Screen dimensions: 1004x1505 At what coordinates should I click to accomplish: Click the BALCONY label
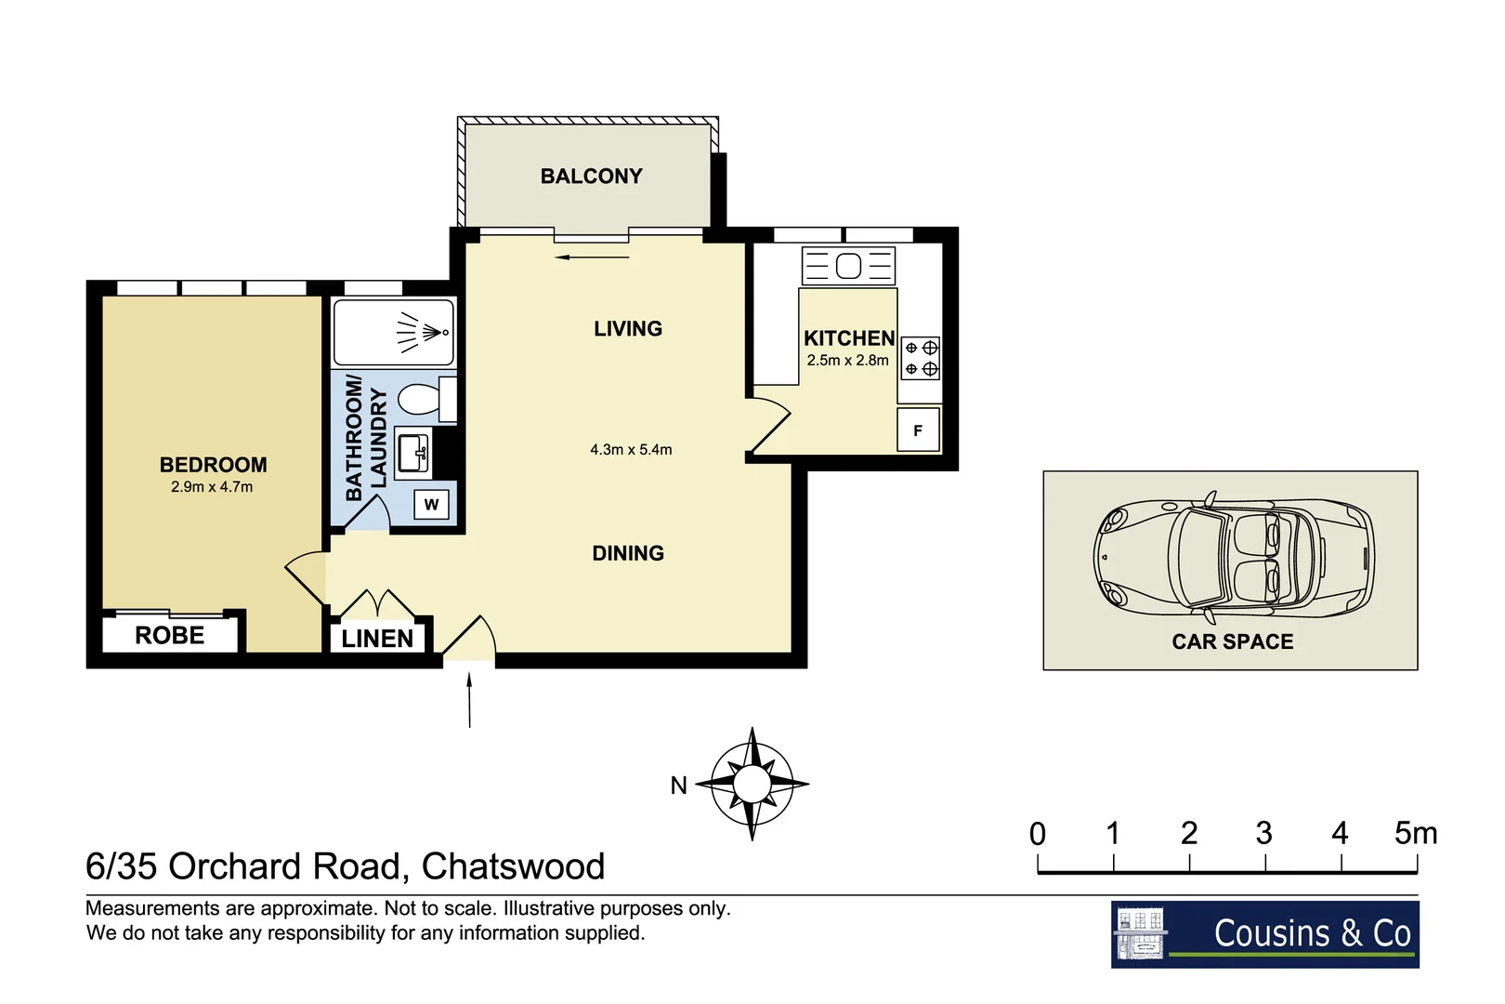click(x=591, y=176)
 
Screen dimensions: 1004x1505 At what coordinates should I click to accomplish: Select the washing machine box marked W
click(x=431, y=505)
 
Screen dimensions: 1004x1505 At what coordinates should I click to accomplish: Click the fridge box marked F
click(x=918, y=430)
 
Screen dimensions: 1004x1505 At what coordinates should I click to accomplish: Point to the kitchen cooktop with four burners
click(x=921, y=358)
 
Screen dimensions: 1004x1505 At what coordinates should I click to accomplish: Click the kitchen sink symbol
click(x=848, y=267)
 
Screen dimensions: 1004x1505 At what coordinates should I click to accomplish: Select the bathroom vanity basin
click(x=412, y=454)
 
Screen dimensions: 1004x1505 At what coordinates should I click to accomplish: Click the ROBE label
click(x=169, y=636)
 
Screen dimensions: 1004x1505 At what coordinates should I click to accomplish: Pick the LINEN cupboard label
click(x=377, y=639)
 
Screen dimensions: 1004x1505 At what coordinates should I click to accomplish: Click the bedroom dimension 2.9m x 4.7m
click(x=212, y=487)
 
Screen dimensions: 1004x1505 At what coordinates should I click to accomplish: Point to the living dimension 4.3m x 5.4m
click(x=631, y=450)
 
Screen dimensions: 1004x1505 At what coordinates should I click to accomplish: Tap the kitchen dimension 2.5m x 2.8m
click(x=847, y=361)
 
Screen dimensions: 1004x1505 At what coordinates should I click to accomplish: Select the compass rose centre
click(x=752, y=784)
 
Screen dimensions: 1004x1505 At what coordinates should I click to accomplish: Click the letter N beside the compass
click(x=679, y=786)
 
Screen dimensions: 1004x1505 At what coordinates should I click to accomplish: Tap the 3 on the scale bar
click(x=1263, y=834)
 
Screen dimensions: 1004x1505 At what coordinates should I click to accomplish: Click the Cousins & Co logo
click(x=1264, y=933)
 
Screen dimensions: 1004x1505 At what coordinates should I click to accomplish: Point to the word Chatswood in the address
click(x=513, y=866)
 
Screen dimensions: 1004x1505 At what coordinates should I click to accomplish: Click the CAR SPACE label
click(x=1232, y=641)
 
